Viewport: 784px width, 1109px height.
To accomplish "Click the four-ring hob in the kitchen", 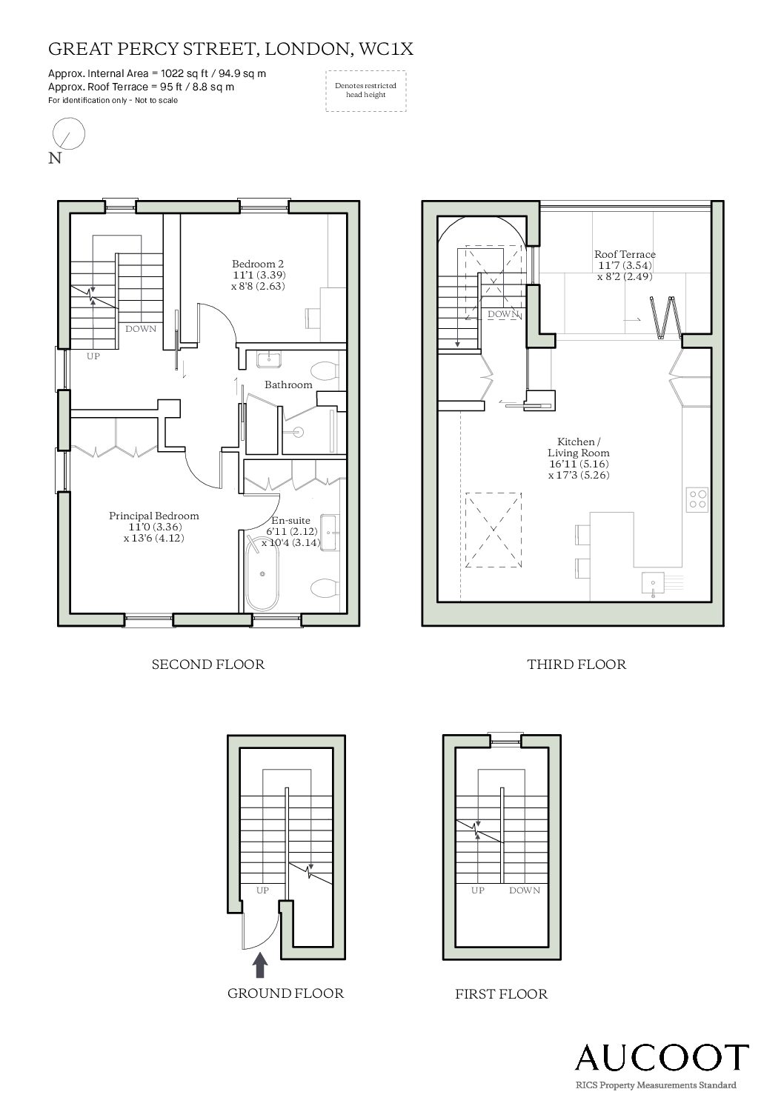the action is (698, 499).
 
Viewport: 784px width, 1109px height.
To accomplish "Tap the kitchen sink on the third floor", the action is (654, 583).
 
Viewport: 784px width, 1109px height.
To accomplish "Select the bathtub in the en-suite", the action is (262, 573).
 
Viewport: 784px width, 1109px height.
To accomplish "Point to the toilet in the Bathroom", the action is (325, 370).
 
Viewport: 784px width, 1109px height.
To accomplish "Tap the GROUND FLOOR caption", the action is (285, 993).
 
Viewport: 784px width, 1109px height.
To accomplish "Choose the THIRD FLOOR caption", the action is (577, 665).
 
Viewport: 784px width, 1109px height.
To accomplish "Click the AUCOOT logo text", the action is (662, 1057).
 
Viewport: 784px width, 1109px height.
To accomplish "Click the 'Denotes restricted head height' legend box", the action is (366, 91).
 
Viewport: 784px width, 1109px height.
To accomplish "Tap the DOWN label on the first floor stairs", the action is (525, 890).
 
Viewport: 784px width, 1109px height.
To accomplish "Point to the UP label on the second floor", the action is (93, 356).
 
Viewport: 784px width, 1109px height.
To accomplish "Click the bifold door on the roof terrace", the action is (665, 317).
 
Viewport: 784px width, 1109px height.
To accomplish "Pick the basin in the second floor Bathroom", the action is (269, 359).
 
